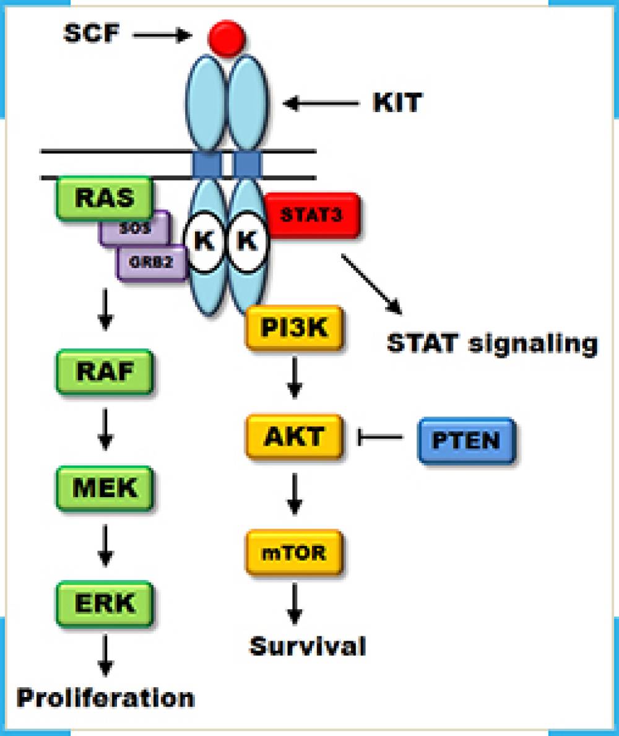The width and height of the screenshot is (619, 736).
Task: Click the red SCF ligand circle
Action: coord(227,38)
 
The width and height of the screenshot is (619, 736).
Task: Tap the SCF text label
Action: coord(91,33)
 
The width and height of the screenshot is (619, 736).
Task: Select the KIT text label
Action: coord(397,103)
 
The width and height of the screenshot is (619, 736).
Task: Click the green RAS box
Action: coord(104,198)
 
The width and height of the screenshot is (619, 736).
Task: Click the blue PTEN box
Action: coord(466,441)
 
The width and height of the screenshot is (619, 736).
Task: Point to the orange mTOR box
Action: coord(293,551)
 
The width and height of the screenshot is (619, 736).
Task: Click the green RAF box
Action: coord(104,371)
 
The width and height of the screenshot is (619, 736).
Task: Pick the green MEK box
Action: coord(104,488)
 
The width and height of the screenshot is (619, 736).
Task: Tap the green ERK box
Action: coord(104,602)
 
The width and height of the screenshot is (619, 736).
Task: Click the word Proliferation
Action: coord(105,698)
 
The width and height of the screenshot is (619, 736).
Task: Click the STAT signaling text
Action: coord(492,343)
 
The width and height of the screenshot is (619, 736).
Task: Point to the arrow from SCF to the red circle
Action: coord(162,35)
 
